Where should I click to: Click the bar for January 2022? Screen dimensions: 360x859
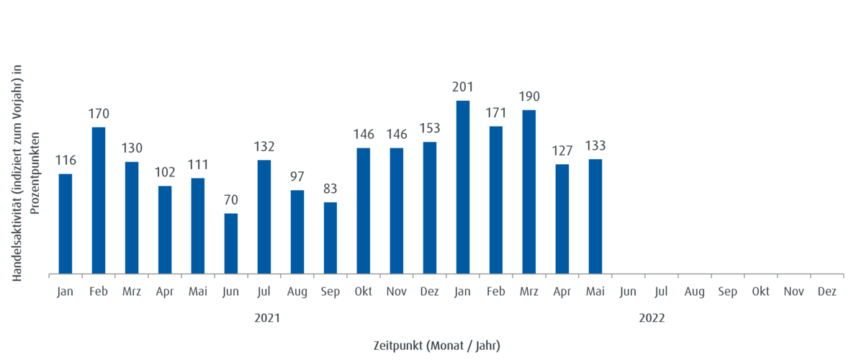[x=463, y=186]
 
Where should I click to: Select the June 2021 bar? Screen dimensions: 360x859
[x=231, y=243]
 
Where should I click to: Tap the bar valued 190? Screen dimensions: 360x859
[x=529, y=191]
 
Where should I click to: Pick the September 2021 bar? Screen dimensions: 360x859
[x=330, y=237]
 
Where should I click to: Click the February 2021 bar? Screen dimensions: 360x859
[x=99, y=199]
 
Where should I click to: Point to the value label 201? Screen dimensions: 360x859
[x=462, y=88]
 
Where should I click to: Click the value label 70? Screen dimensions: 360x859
[x=230, y=200]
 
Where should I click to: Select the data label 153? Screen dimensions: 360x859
[x=429, y=128]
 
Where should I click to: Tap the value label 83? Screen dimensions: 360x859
[x=330, y=189]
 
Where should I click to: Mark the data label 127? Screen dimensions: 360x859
[x=562, y=150]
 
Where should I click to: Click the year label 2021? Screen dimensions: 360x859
[x=267, y=318]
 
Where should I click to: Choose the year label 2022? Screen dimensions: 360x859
[x=652, y=318]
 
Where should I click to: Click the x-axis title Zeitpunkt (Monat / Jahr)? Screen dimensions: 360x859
[x=436, y=346]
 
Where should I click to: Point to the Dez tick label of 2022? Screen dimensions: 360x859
[x=827, y=292]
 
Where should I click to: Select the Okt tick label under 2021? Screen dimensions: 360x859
[x=364, y=292]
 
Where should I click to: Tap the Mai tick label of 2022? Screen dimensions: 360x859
[x=595, y=292]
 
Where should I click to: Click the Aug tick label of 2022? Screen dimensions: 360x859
[x=694, y=292]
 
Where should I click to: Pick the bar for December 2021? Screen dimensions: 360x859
[x=430, y=207]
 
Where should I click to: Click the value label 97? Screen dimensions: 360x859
[x=297, y=176]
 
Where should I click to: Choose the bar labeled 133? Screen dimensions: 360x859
[x=595, y=215]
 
